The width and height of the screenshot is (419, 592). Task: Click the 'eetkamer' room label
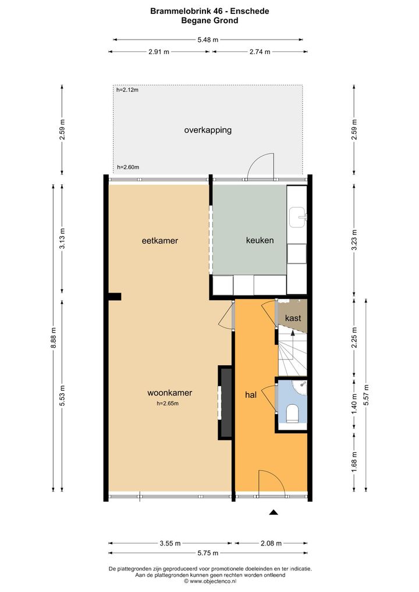160,241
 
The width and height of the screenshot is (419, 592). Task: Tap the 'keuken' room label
260,240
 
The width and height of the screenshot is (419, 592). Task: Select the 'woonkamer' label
170,393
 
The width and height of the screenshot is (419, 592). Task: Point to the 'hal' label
251,394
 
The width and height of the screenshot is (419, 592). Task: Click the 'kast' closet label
293,318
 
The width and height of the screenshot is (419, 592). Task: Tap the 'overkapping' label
208,130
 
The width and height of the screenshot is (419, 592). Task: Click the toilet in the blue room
293,413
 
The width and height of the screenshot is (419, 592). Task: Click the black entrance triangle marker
274,512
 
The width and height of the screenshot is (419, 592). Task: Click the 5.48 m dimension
208,40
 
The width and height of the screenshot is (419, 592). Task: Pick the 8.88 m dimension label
54,338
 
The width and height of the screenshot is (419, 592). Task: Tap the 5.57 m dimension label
365,395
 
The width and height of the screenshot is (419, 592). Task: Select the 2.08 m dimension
271,543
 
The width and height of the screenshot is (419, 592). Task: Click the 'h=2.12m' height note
127,90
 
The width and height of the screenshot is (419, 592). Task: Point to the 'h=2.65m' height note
168,403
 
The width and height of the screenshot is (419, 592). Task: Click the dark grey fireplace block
226,402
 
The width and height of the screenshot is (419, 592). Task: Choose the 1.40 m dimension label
354,404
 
